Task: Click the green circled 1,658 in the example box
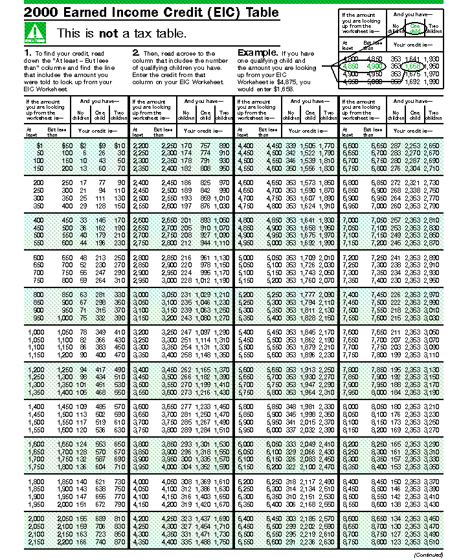coord(413,66)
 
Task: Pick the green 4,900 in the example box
coord(375,66)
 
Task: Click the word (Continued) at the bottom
coord(428,555)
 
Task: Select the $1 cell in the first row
coord(39,146)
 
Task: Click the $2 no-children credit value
coord(83,146)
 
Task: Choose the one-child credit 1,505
coord(309,146)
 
